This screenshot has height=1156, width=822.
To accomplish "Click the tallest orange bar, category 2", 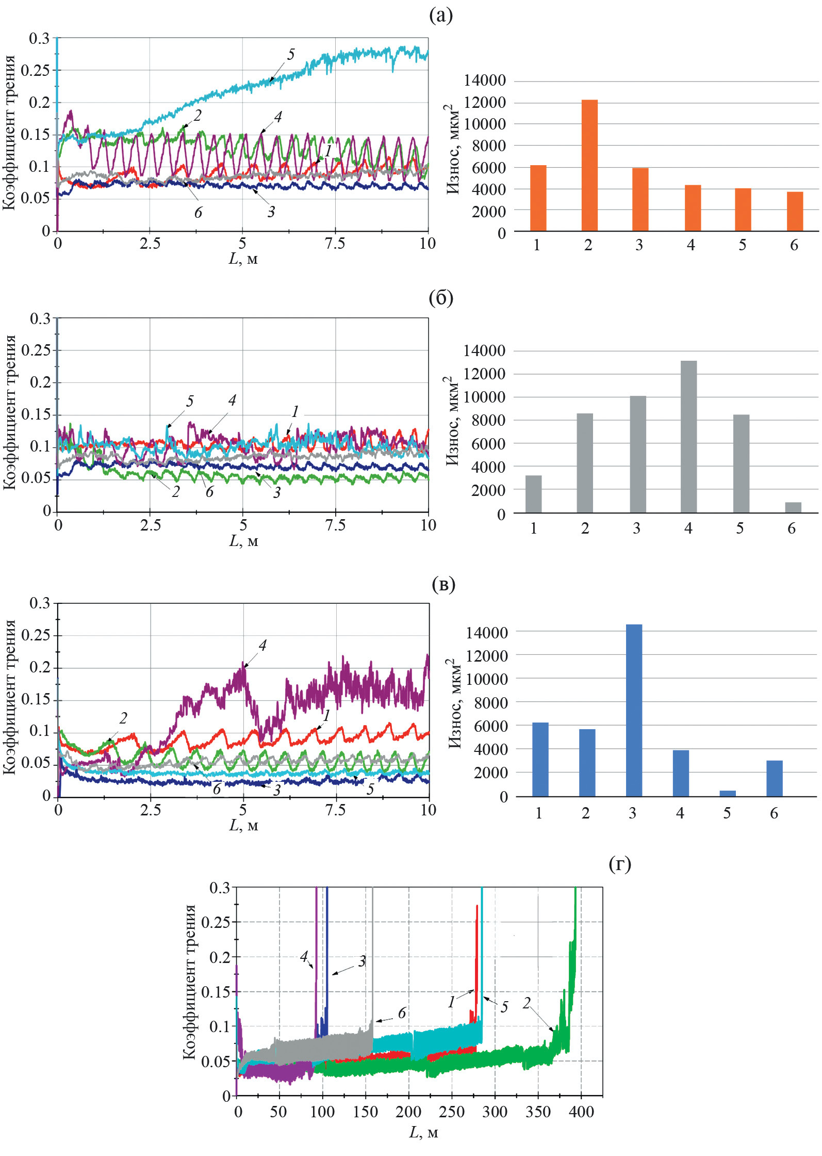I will click(589, 165).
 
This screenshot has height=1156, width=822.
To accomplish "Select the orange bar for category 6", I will click(795, 211).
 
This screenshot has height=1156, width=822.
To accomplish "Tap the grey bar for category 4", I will click(688, 437).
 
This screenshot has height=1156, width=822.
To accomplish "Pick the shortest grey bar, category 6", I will click(793, 507).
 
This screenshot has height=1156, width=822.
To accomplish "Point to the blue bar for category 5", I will click(727, 794).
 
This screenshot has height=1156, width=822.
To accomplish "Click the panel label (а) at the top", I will click(441, 15).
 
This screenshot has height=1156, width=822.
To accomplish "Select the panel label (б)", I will click(441, 298).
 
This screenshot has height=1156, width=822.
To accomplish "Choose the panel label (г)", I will click(620, 863).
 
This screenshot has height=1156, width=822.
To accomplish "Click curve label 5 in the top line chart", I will click(291, 54).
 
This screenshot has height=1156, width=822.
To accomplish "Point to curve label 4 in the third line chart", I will click(262, 645).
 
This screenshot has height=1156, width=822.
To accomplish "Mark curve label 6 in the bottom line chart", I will click(402, 1013).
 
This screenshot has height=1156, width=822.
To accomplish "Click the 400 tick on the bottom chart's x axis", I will click(581, 1112).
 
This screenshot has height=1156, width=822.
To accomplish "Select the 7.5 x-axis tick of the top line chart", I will click(335, 244).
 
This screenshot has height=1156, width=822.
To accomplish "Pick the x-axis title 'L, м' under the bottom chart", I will click(423, 1133).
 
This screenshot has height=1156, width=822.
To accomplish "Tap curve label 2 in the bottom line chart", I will click(526, 1003).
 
